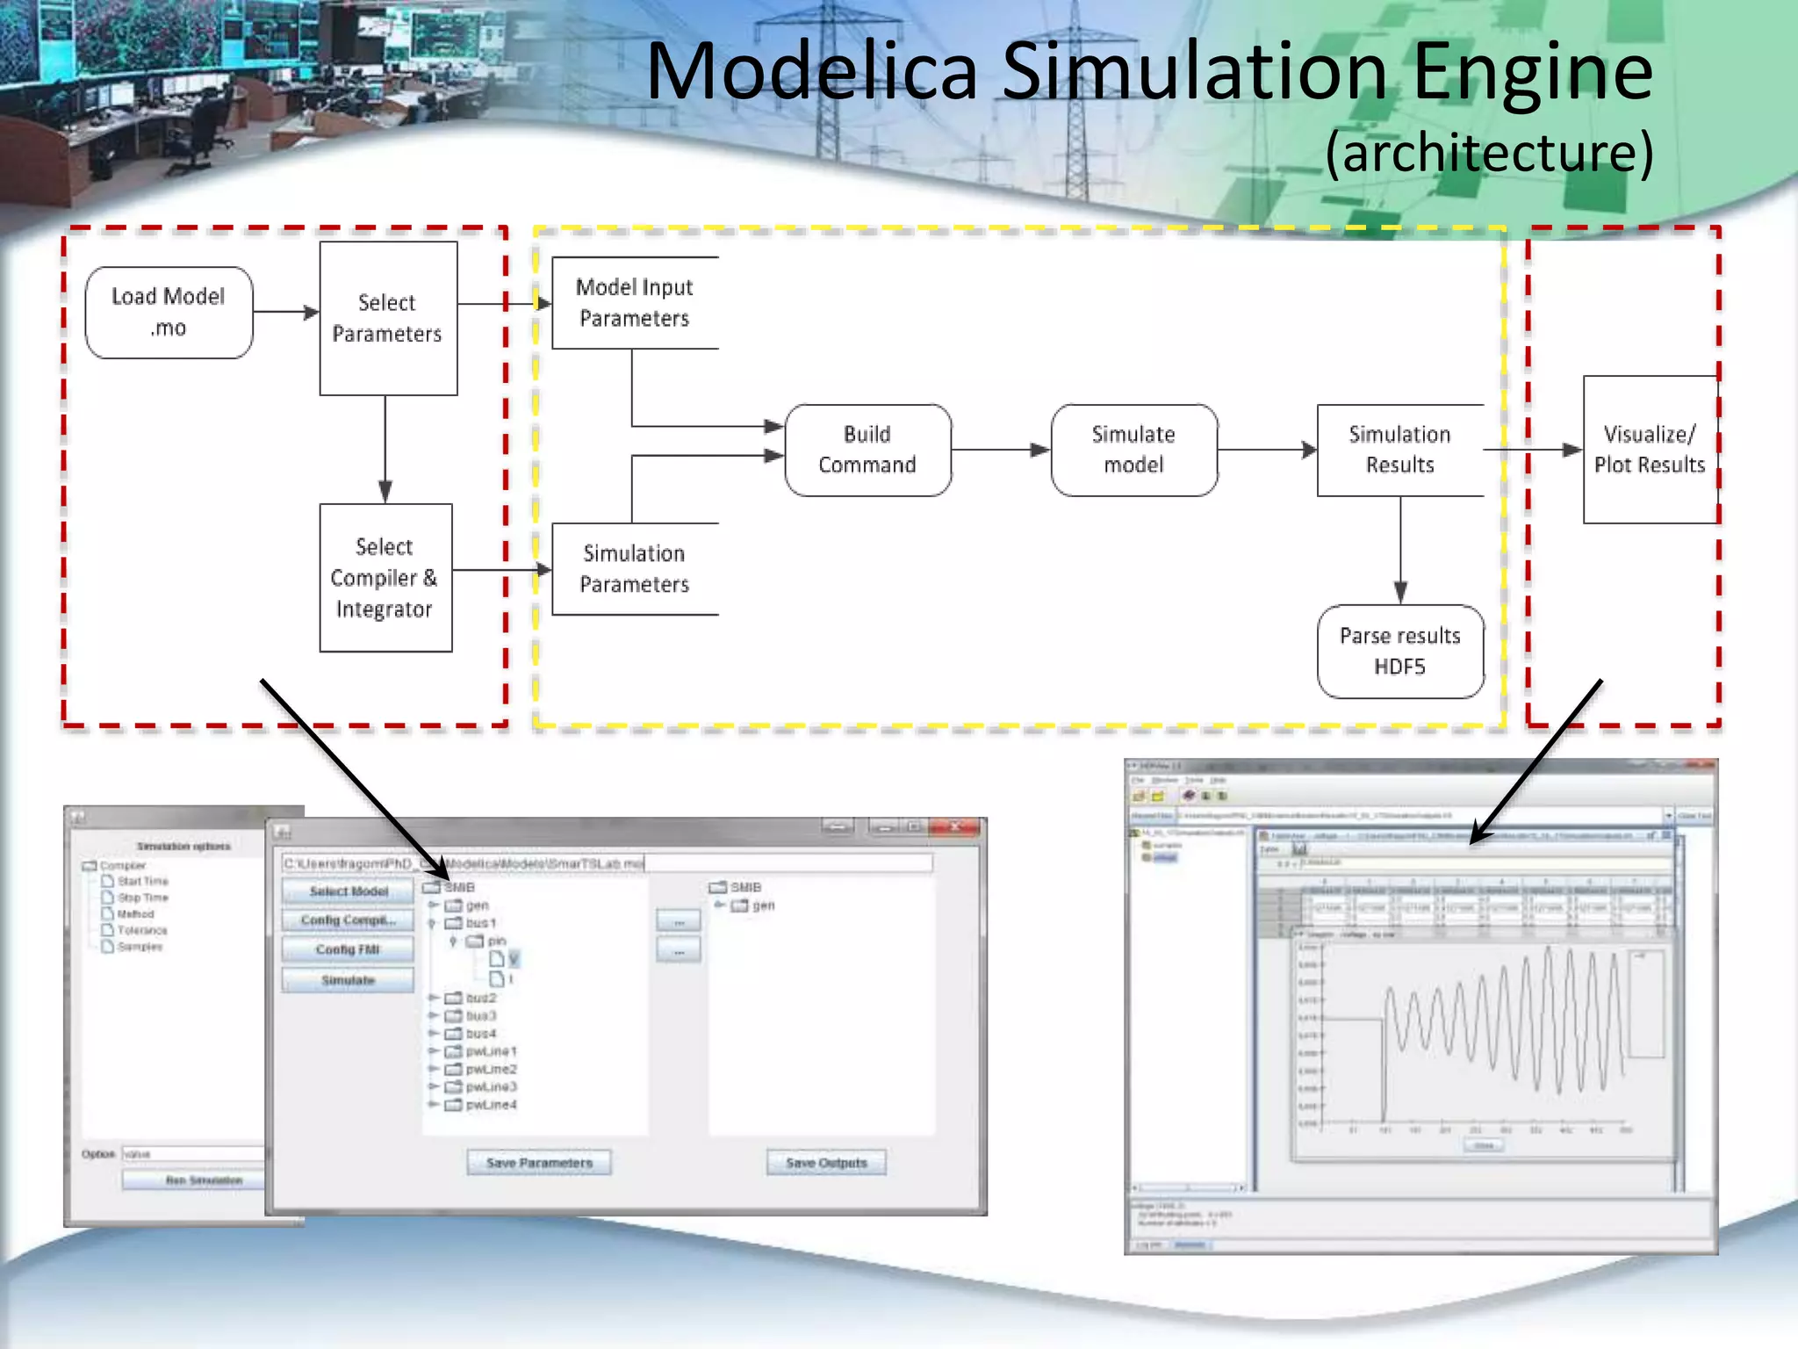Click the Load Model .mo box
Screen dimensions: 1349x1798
[x=169, y=313]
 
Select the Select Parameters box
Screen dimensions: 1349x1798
[x=388, y=318]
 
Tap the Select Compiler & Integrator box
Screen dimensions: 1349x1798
[x=385, y=578]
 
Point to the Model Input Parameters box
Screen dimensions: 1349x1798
[x=635, y=303]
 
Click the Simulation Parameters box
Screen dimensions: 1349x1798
[x=635, y=569]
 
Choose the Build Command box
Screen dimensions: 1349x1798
[x=867, y=450]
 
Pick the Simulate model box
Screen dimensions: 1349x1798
[x=1133, y=450]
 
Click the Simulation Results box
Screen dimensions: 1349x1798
[x=1400, y=450]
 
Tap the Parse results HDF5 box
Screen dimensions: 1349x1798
[x=1400, y=651]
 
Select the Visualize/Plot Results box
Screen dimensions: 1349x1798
[x=1650, y=450]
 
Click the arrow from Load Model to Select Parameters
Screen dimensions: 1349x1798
[x=286, y=312]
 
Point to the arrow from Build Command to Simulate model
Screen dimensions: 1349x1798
[x=1001, y=450]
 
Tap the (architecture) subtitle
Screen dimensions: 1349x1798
[x=1489, y=153]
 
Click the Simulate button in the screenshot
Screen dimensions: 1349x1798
[x=348, y=980]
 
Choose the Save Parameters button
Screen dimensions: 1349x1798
[x=539, y=1163]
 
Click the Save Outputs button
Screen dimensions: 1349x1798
[x=826, y=1163]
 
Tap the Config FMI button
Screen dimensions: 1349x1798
[x=348, y=950]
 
